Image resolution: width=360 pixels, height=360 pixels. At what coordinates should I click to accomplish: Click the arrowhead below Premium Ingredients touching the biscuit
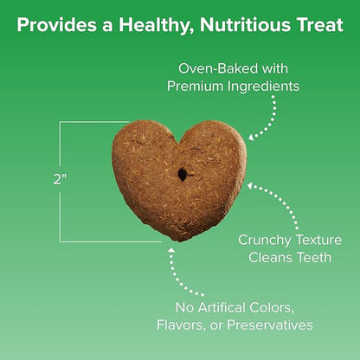coord(250,135)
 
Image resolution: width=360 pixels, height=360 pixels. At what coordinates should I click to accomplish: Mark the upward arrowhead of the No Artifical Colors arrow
coord(170,252)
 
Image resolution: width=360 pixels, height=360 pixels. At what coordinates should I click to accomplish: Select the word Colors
coord(286,306)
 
